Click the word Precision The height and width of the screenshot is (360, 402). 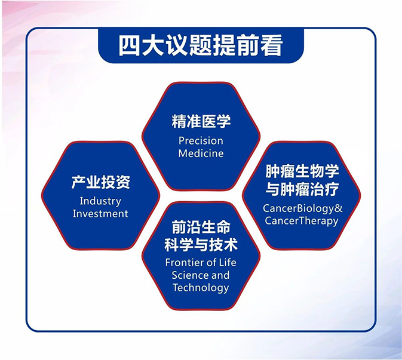[x=201, y=141]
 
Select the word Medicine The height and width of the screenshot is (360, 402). [x=201, y=153]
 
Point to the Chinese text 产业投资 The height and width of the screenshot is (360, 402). [x=100, y=183]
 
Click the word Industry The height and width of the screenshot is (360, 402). [x=100, y=201]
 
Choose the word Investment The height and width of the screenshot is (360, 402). [x=100, y=214]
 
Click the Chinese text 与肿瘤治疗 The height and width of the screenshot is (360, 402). [x=301, y=190]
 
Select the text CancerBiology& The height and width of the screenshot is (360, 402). [x=301, y=208]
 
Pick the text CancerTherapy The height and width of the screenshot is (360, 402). [x=301, y=221]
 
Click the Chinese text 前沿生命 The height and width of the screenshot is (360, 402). [x=201, y=227]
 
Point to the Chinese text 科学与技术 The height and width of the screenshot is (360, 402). [x=201, y=245]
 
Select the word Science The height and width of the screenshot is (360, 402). [x=190, y=275]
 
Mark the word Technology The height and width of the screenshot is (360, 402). [x=201, y=288]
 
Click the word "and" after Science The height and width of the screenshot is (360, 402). [x=220, y=275]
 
